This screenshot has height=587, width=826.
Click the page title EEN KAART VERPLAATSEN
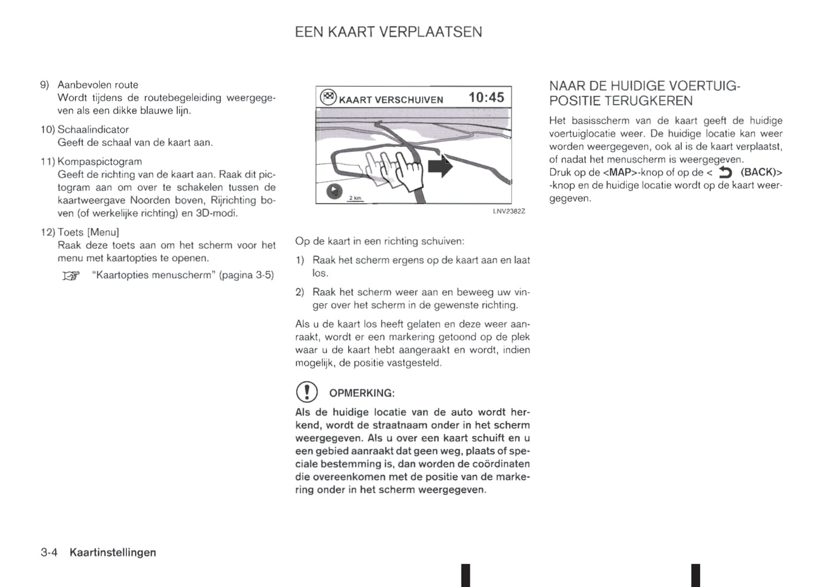point(388,32)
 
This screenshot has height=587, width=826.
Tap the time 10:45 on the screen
point(486,97)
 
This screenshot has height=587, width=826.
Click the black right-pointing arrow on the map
point(440,167)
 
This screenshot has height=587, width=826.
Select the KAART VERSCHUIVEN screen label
point(391,100)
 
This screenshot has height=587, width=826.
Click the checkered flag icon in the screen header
point(328,97)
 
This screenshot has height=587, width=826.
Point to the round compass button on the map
point(334,191)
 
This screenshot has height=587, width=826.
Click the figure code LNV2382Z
point(509,211)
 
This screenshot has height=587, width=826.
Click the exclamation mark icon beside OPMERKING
point(306,392)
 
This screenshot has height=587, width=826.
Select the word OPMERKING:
point(362,393)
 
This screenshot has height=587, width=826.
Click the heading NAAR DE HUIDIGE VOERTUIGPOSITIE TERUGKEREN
point(644,94)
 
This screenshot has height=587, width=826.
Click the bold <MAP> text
point(620,172)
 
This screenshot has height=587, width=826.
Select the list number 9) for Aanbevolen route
point(45,85)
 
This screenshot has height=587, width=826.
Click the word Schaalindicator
point(93,129)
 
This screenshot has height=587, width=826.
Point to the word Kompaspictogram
point(99,161)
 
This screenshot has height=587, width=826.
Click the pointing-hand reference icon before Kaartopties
point(71,276)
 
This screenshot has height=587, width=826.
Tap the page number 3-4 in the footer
point(49,552)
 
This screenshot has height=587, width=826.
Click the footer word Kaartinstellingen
point(113,552)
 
